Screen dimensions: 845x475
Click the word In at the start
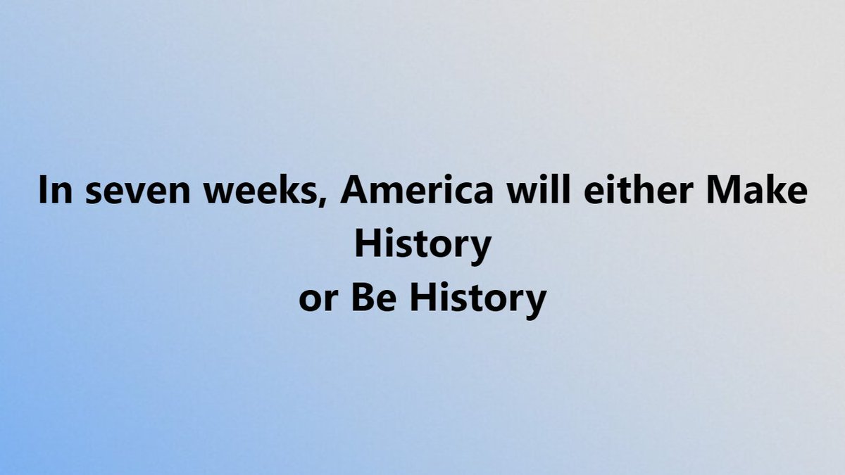56,189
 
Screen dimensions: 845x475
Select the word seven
138,193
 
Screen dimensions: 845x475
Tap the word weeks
261,189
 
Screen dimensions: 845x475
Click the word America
417,189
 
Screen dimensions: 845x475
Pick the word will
538,189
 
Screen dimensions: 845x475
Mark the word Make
757,189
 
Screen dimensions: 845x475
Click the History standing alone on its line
423,246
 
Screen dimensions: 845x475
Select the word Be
374,297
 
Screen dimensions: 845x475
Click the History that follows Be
478,300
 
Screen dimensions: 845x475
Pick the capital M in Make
724,189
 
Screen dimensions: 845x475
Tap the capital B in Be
363,297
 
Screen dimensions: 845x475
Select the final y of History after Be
535,305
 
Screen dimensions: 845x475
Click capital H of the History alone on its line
368,243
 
